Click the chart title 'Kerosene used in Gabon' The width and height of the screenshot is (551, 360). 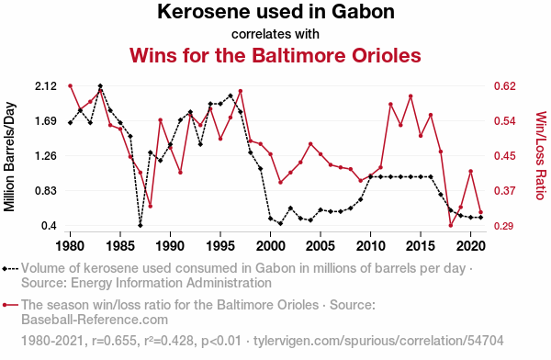tap(275, 12)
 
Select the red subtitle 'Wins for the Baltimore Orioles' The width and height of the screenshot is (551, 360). tap(275, 55)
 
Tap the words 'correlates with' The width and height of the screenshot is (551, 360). tap(275, 34)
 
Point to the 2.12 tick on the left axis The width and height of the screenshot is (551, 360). tap(46, 86)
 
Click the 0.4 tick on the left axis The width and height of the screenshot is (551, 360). tap(50, 226)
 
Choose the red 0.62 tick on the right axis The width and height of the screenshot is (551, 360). tap(505, 86)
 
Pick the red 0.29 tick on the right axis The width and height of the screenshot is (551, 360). tap(505, 226)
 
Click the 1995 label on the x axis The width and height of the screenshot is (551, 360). tap(220, 246)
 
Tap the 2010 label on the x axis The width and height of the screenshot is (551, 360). tap(370, 246)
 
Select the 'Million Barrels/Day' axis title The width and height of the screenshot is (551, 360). tap(9, 157)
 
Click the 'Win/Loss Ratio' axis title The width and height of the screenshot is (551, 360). tap(541, 155)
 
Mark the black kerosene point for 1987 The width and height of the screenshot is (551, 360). tap(141, 225)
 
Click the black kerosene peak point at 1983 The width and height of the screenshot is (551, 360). tap(100, 85)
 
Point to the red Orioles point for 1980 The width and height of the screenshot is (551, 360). tap(71, 85)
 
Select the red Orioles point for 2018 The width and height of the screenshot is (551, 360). tap(451, 225)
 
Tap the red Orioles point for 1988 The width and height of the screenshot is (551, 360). tap(151, 207)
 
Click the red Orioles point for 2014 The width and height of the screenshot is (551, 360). tap(410, 96)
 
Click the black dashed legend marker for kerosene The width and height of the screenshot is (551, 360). tap(10, 269)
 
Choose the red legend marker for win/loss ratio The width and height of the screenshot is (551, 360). tap(10, 305)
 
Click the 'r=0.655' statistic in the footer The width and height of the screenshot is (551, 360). tap(114, 341)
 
